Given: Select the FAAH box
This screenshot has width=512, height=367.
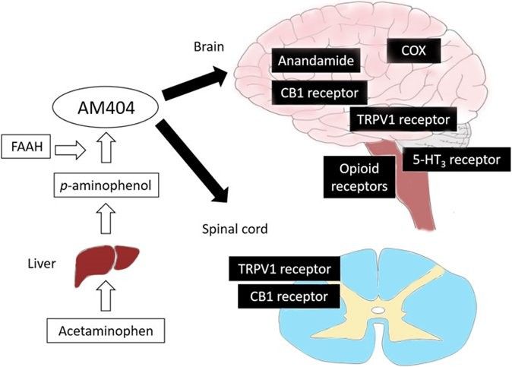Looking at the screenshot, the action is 26,147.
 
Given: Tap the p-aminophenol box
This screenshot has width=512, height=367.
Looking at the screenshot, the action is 106,185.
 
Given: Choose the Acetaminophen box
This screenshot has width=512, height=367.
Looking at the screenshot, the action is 106,331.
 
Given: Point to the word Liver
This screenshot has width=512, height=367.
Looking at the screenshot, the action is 42,264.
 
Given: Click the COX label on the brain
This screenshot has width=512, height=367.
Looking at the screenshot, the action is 414,51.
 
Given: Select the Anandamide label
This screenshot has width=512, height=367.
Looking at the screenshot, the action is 316,60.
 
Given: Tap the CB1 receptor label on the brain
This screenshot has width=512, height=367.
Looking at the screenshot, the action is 319,93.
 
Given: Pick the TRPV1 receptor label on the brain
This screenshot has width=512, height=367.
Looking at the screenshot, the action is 403,119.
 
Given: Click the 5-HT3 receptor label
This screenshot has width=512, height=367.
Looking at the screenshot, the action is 457,160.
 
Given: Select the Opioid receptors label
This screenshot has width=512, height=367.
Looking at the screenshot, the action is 359,177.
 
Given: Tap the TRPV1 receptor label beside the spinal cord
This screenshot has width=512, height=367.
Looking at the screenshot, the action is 284,269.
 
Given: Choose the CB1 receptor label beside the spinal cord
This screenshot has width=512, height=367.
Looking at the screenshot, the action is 289,296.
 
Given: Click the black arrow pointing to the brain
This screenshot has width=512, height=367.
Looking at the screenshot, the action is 195,84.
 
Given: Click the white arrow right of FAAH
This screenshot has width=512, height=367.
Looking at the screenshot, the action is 71,150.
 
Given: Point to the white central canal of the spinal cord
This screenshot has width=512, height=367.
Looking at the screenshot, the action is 378,309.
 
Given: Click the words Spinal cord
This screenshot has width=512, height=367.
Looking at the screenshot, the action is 235,229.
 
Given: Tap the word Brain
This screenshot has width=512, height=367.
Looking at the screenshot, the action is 209,46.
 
